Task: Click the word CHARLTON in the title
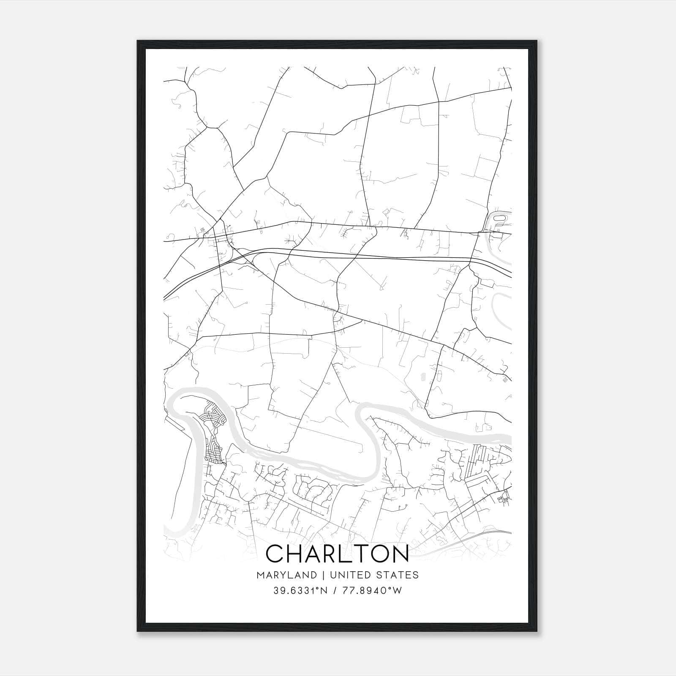click(338, 553)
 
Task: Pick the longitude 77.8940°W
click(372, 591)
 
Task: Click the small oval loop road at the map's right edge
click(499, 218)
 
